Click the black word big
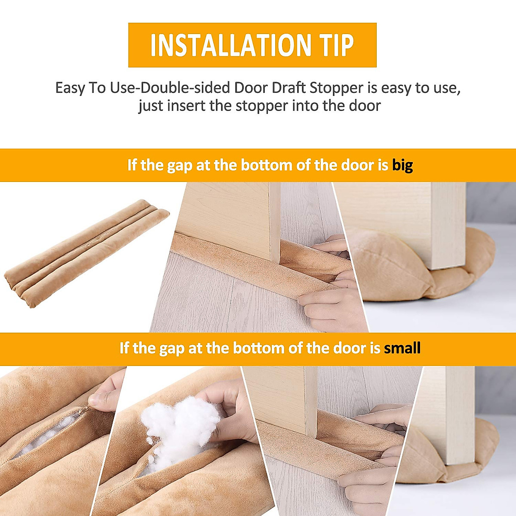[x=402, y=165]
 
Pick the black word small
[x=402, y=348]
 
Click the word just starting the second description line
[x=150, y=105]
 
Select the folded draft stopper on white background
[x=86, y=254]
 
